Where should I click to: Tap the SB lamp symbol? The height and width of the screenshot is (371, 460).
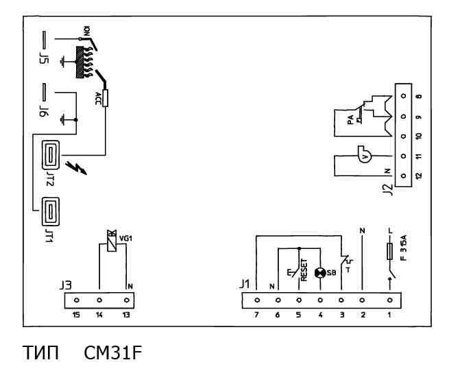[319, 272]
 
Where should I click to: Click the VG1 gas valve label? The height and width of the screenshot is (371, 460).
[125, 239]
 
